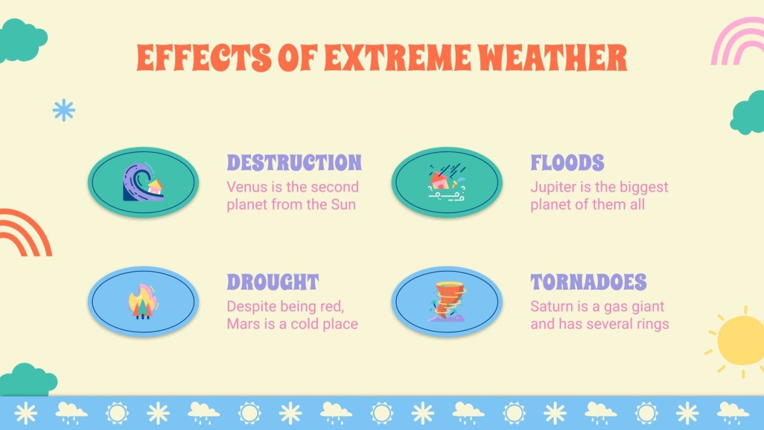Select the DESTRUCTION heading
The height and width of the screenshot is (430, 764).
(294, 163)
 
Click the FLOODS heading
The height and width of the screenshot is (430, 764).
(567, 163)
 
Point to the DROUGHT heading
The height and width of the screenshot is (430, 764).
(272, 282)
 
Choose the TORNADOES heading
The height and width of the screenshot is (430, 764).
(588, 282)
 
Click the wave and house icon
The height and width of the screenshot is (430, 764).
(143, 182)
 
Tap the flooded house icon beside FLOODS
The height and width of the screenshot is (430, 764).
(446, 182)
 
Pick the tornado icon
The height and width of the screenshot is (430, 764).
(447, 301)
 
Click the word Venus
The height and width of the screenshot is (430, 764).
(244, 187)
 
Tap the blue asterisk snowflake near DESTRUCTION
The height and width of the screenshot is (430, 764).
(63, 110)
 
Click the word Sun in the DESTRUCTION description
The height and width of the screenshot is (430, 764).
(343, 204)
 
